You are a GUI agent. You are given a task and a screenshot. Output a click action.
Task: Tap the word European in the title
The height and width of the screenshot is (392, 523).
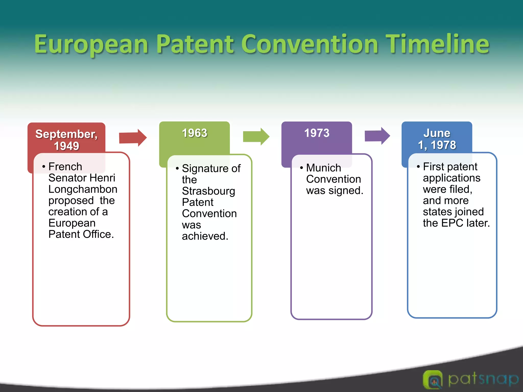click(x=91, y=45)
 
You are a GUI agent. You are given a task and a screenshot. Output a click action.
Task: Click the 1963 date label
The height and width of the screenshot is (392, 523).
click(x=195, y=133)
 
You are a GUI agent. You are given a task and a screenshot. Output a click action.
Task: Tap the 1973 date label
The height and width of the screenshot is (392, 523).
click(x=317, y=133)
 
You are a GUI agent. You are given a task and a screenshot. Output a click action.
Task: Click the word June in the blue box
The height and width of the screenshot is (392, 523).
click(x=437, y=133)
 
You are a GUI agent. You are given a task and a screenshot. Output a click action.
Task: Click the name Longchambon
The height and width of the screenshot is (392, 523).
click(x=83, y=189)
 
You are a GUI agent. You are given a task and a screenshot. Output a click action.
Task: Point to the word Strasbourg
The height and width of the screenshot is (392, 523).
click(x=208, y=191)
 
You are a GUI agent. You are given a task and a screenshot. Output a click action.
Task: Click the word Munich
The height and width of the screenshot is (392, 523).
click(x=324, y=168)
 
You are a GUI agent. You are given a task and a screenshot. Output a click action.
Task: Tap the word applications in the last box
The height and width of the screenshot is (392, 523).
click(x=451, y=178)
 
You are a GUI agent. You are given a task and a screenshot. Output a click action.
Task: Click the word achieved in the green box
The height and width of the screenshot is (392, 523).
click(x=205, y=236)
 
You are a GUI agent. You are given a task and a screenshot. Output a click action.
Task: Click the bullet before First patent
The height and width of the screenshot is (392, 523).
click(x=418, y=167)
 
